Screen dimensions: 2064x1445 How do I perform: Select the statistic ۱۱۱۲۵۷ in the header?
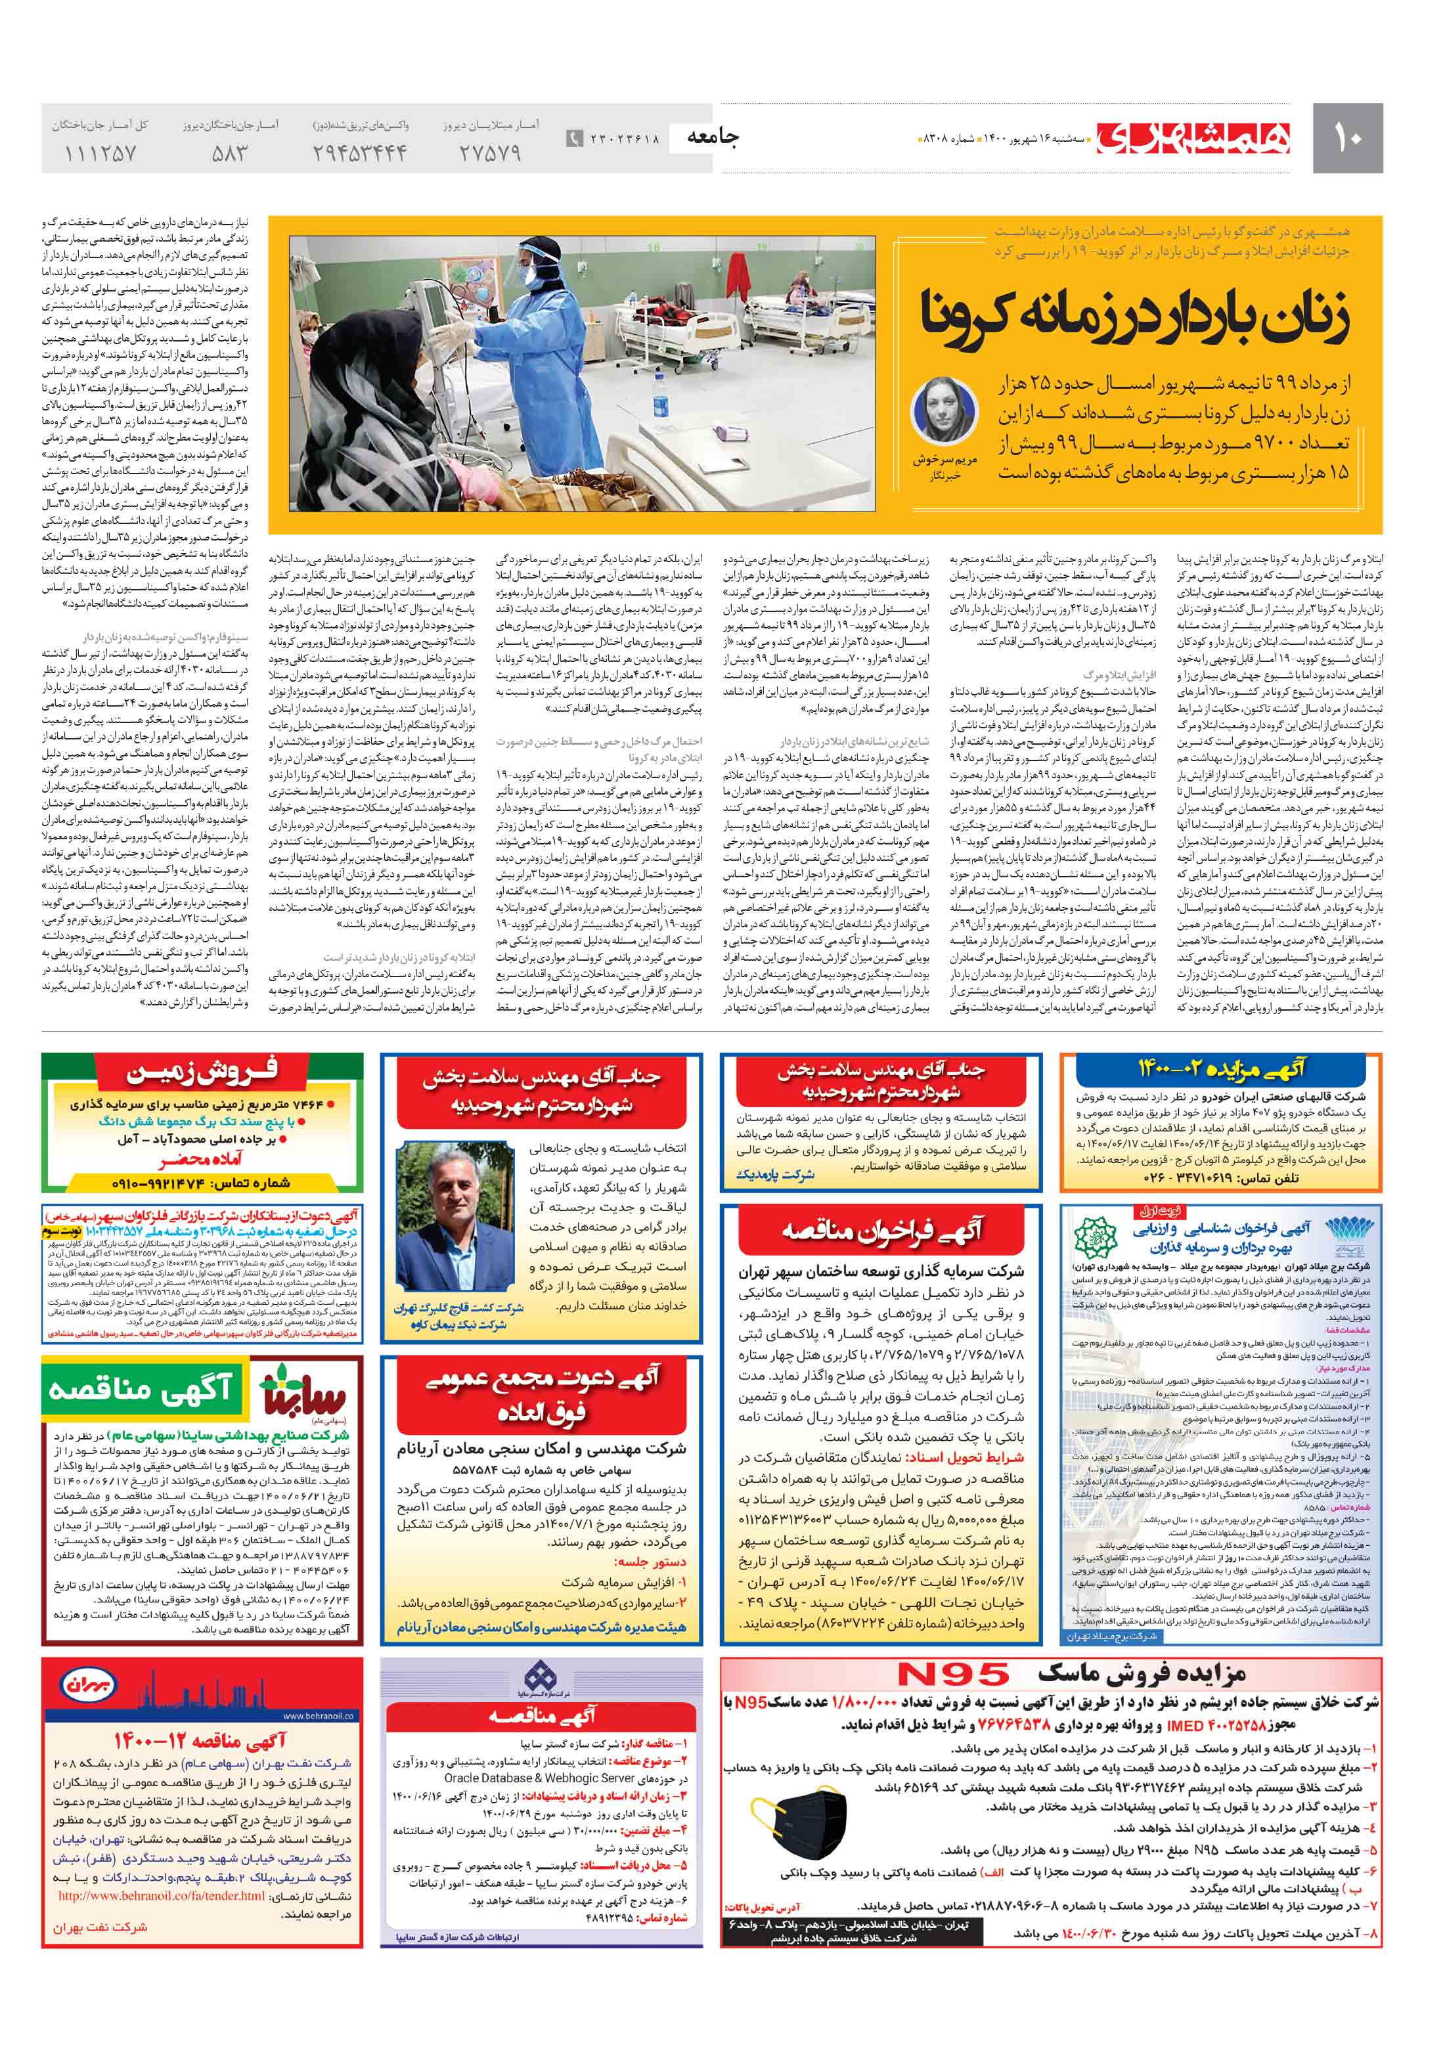(100, 154)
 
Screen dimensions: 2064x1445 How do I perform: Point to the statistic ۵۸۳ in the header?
(229, 154)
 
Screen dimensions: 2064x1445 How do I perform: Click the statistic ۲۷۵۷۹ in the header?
(490, 154)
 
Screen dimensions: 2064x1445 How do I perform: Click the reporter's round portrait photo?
(944, 409)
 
